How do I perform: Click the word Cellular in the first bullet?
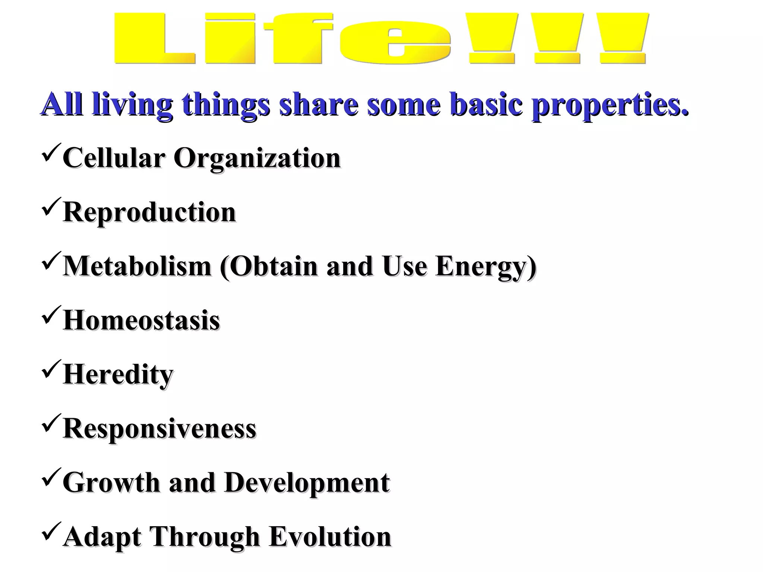coord(113,158)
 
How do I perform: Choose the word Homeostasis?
coord(142,321)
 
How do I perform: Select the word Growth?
coord(111,483)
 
